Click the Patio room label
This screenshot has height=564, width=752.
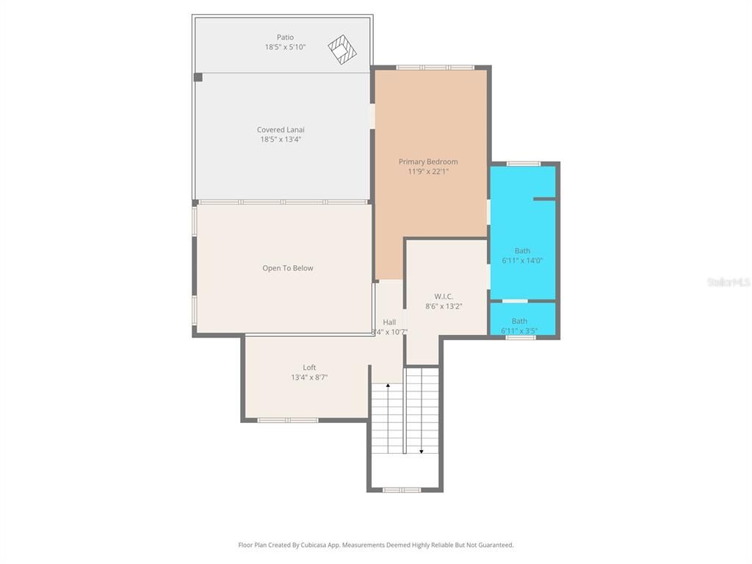285,37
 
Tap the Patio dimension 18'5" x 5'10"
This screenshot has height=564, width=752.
285,47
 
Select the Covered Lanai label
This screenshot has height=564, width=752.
281,130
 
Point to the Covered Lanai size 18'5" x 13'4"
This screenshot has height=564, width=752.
281,140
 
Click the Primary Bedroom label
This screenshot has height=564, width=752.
428,162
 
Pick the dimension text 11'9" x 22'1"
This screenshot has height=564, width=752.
428,172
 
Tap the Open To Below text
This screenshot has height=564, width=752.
288,268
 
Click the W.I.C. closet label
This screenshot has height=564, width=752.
444,297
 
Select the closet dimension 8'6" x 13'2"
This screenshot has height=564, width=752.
444,306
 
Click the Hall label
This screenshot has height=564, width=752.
389,322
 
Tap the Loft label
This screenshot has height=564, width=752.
309,368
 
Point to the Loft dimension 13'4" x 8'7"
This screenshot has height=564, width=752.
309,377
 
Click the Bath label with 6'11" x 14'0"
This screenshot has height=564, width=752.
522,251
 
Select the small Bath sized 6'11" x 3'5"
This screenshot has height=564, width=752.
519,321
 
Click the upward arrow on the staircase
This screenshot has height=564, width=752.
388,386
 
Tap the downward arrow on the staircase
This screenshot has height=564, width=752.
421,450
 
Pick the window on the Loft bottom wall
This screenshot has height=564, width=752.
288,420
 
